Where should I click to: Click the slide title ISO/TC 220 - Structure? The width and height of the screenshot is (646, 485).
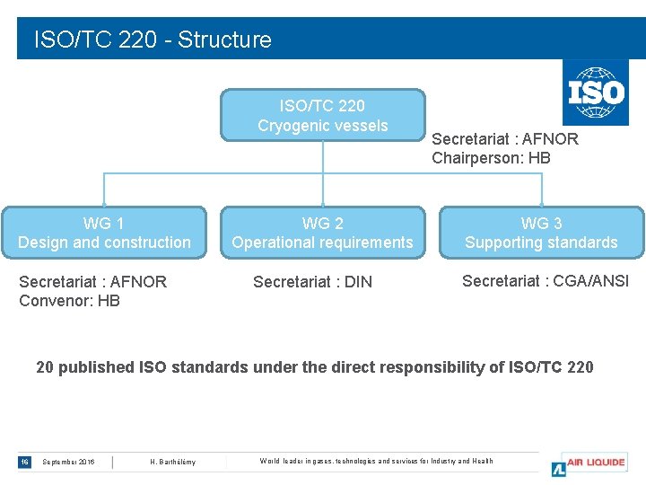coord(153,40)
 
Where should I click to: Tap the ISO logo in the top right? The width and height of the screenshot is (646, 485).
coord(595,93)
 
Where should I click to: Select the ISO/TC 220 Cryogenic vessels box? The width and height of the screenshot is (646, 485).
coord(323,116)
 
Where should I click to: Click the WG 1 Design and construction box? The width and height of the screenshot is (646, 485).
coord(104,233)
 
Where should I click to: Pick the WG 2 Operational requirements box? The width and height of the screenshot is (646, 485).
coord(323,233)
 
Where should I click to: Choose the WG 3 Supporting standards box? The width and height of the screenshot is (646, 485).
coord(541,233)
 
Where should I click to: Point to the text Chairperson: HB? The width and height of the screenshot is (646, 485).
coord(491,158)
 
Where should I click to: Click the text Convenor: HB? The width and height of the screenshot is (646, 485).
coord(69,301)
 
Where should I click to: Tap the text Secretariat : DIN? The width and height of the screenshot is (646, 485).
coord(312,282)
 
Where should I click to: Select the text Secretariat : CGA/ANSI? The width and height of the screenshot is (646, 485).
coord(546,281)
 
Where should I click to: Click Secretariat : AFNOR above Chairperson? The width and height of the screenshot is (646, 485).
coord(505,139)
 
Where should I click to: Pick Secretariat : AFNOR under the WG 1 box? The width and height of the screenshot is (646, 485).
coord(92,282)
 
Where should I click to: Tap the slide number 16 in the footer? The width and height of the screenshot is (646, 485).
coord(25,462)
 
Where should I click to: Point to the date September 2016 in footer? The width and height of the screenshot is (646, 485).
coord(68,462)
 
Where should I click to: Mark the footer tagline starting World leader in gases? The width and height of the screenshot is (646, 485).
coord(376,462)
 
